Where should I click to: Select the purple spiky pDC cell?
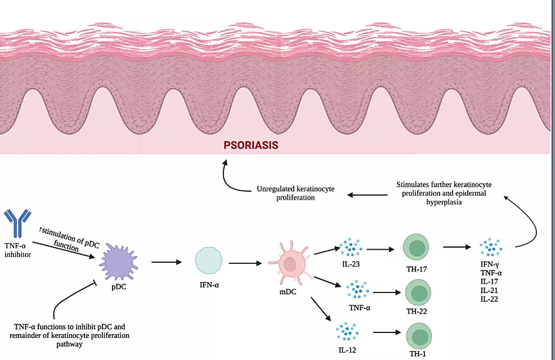click(118, 263)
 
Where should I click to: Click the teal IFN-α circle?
click(208, 262)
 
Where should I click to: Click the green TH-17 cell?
click(416, 247)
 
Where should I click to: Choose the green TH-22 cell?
click(419, 293)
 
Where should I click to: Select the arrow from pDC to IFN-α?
click(167, 262)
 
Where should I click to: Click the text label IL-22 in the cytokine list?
click(490, 299)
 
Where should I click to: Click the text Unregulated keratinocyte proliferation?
click(296, 193)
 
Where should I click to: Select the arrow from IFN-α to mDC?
click(245, 262)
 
